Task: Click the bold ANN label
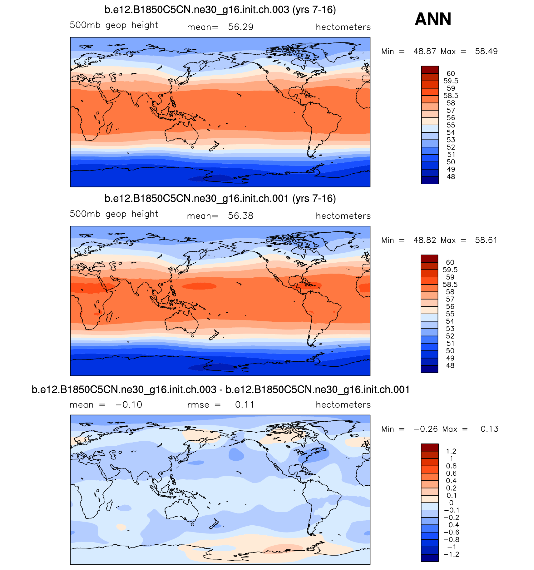click(433, 19)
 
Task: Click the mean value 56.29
click(240, 27)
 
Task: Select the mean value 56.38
click(240, 216)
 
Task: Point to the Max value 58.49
click(486, 51)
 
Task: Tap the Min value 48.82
click(425, 240)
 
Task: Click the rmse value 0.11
click(245, 405)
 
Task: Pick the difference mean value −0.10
click(129, 405)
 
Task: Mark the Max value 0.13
click(489, 429)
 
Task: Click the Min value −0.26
click(425, 429)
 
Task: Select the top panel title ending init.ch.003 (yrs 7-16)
click(220, 10)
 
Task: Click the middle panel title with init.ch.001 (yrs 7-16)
click(220, 199)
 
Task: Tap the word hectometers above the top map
click(343, 27)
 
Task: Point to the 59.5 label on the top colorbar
click(451, 81)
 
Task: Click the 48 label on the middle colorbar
click(450, 365)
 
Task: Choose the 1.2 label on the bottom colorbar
click(451, 451)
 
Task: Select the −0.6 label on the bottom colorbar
click(451, 532)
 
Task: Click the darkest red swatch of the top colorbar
click(430, 70)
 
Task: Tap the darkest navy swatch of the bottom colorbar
click(429, 558)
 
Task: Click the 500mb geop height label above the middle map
click(114, 214)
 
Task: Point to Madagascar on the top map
click(110, 127)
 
